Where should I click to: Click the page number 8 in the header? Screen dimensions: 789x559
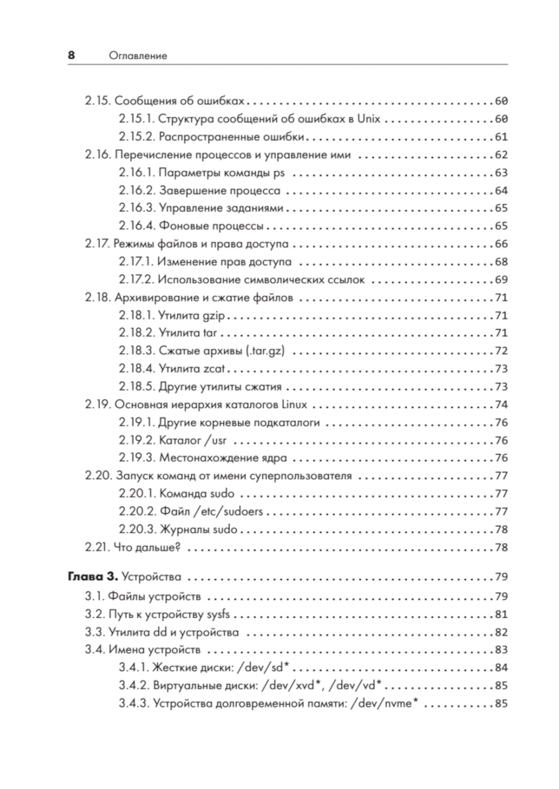[71, 55]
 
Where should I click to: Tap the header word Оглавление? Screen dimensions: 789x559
[138, 56]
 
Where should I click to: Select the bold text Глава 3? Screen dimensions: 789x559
[92, 576]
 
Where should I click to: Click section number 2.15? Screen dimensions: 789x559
[98, 101]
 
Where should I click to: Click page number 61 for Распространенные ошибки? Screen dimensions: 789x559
[501, 137]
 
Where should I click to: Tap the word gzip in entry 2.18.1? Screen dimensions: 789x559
[214, 316]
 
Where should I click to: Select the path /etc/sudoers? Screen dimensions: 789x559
[228, 511]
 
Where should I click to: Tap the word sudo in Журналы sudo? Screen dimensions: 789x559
[225, 529]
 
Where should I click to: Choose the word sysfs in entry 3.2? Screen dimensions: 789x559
[218, 614]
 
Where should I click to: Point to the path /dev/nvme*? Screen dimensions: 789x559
[384, 703]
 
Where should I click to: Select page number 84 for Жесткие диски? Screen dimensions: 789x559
[501, 668]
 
